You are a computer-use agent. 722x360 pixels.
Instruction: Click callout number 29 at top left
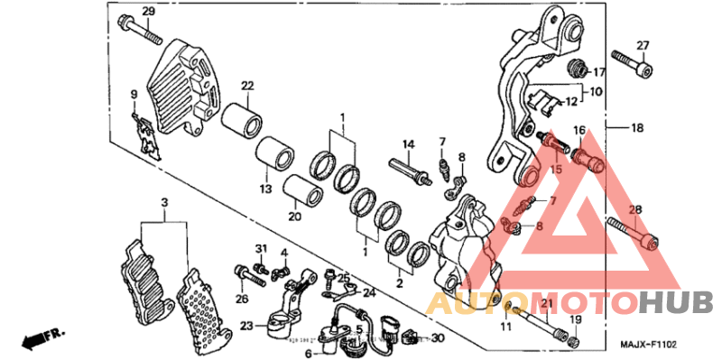[x=149, y=11]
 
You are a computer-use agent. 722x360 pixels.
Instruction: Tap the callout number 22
[x=245, y=86]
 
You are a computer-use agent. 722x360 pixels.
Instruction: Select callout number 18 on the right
[x=637, y=129]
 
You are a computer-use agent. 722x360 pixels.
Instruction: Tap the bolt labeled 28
[x=634, y=233]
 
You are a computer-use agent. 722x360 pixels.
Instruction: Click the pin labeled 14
[x=407, y=169]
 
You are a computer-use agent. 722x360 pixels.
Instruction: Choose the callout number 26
[x=241, y=299]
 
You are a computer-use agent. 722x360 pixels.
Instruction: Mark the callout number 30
[x=439, y=338]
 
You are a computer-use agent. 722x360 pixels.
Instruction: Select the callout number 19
[x=576, y=320]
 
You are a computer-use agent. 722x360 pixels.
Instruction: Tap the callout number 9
[x=134, y=94]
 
